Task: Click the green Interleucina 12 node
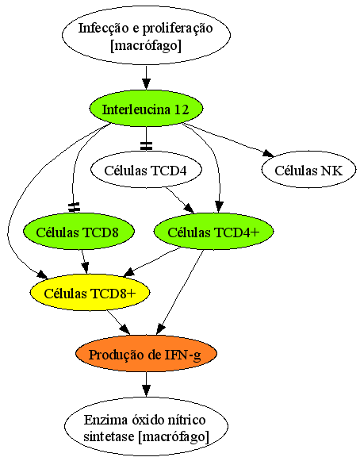[146, 109]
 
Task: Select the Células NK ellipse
[308, 170]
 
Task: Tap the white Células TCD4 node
[146, 170]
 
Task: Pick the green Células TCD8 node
[79, 231]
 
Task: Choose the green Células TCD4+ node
[213, 231]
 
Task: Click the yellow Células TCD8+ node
[90, 293]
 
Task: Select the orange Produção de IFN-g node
[146, 354]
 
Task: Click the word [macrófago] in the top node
[146, 45]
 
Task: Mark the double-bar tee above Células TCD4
[146, 146]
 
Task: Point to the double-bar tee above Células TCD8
[74, 207]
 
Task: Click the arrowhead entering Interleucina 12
[146, 84]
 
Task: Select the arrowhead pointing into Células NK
[268, 153]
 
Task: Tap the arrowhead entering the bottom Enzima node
[146, 390]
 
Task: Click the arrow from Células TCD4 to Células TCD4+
[180, 200]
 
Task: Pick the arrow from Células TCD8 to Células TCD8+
[85, 262]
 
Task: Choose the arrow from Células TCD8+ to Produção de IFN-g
[118, 322]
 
